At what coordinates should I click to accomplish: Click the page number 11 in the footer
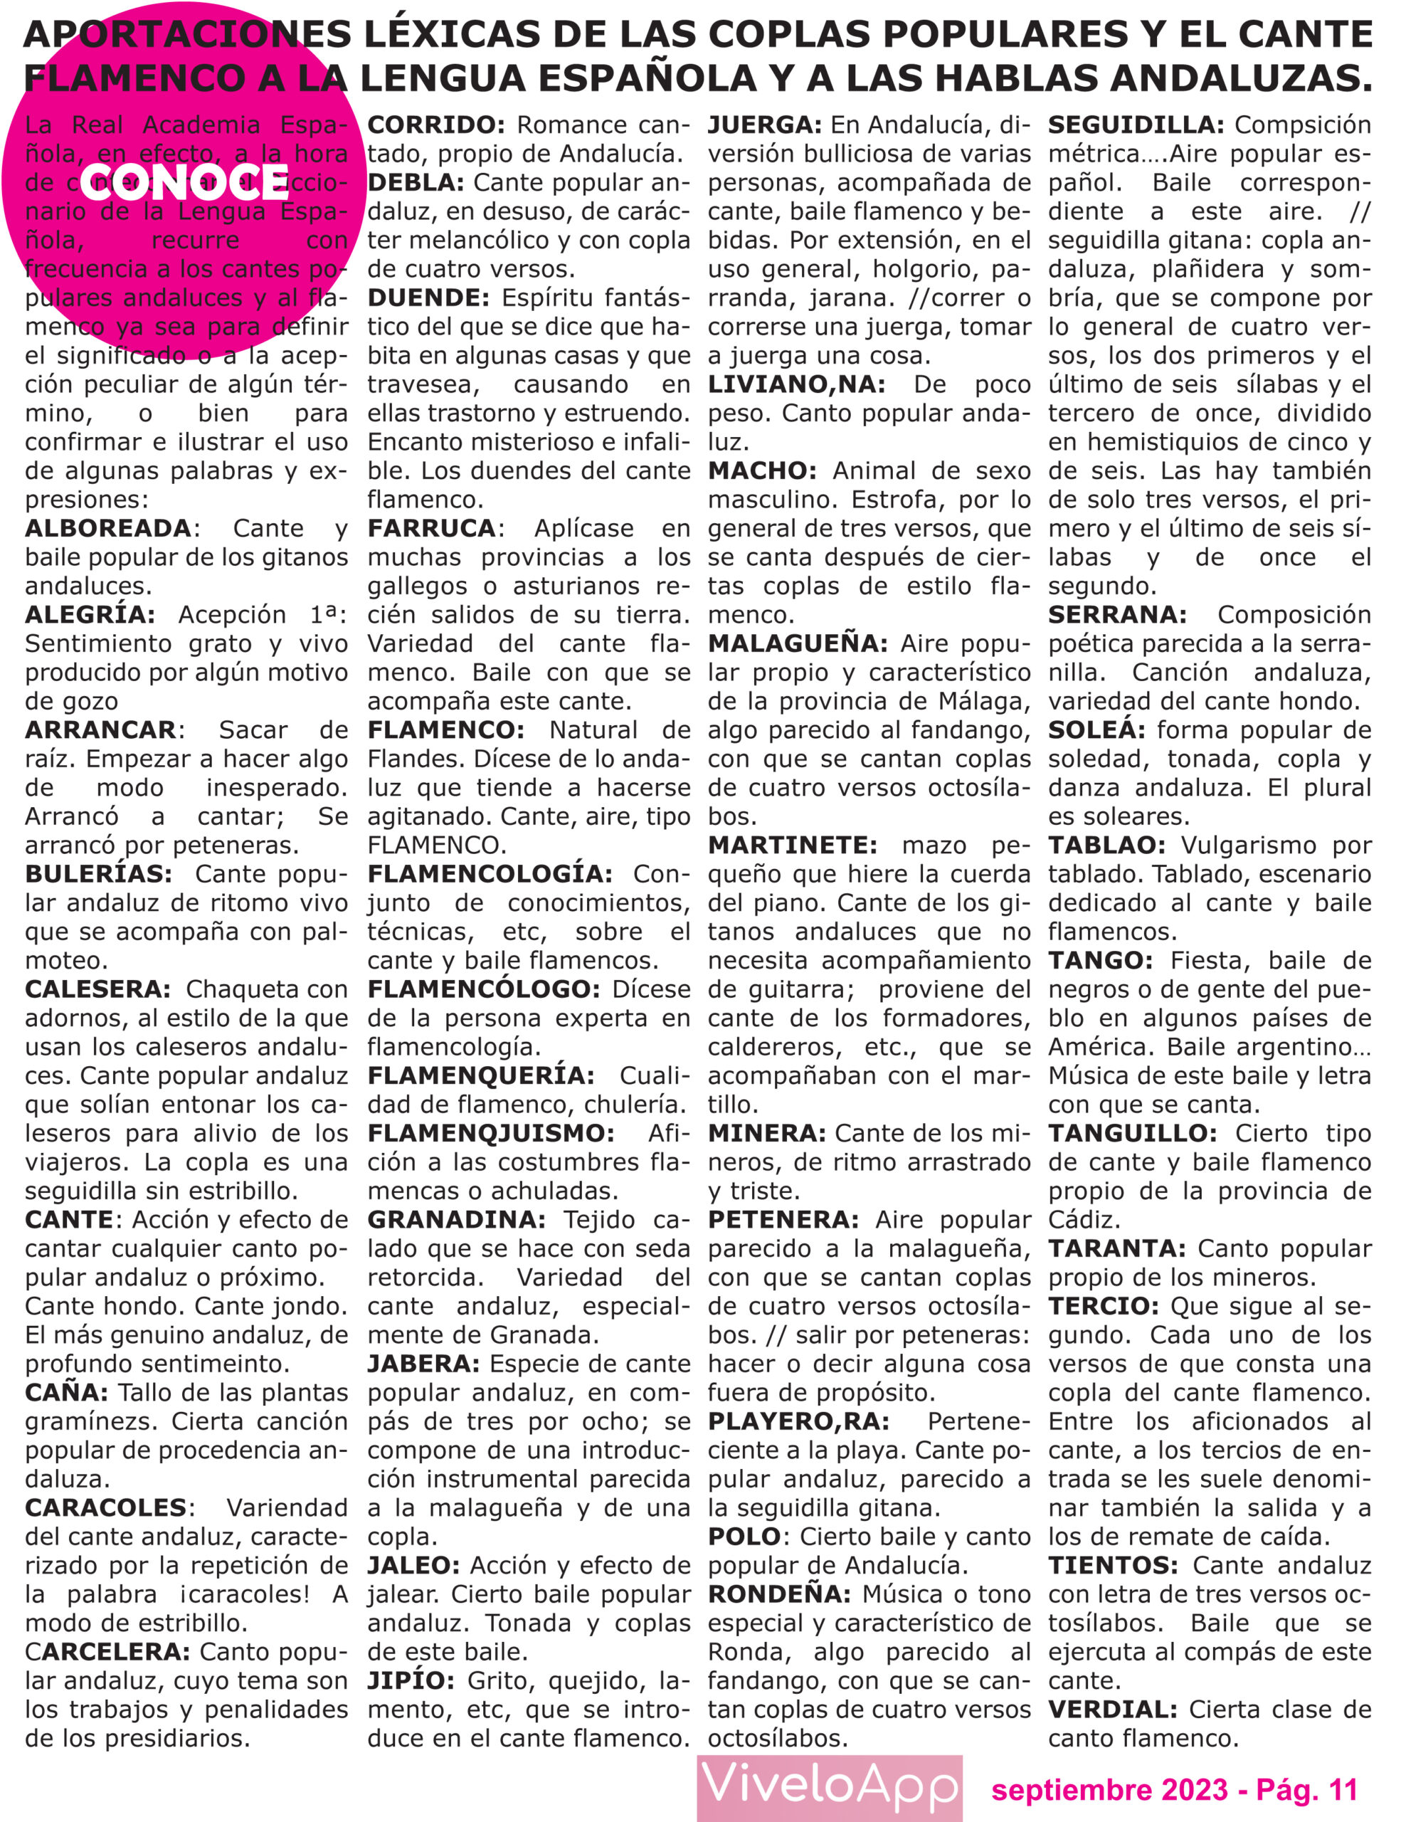tap(1343, 1789)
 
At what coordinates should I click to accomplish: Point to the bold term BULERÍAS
tap(98, 873)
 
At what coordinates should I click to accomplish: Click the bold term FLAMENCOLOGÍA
tap(490, 873)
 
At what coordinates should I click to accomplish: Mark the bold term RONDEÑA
tap(779, 1594)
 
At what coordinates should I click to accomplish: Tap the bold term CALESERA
tap(97, 989)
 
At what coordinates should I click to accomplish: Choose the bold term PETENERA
tap(782, 1220)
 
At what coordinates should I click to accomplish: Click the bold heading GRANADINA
tap(456, 1220)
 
